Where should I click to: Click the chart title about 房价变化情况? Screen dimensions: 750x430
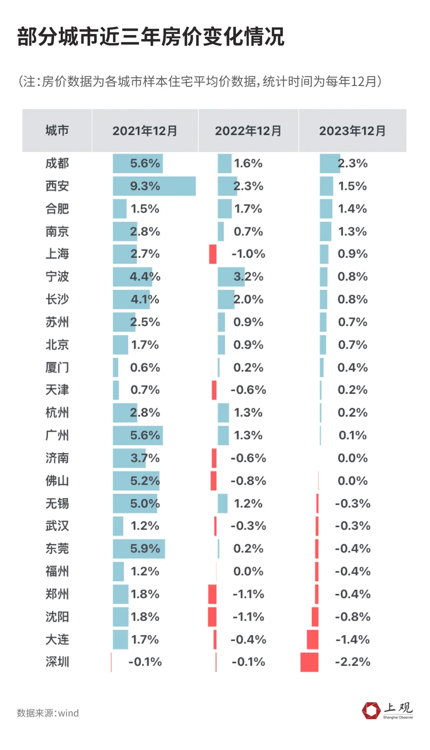point(150,37)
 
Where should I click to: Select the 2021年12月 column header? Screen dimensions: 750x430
point(145,131)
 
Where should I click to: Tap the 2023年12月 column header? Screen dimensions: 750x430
point(352,131)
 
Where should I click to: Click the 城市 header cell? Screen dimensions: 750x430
point(57,130)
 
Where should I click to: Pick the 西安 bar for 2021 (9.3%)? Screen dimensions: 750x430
point(154,186)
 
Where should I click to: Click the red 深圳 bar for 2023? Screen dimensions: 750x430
point(309,662)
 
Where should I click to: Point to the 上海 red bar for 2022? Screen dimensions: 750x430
point(213,254)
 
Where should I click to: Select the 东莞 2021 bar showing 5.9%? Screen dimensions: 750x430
point(139,549)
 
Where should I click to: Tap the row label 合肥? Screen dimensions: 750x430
point(57,209)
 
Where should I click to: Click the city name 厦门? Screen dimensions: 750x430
point(57,368)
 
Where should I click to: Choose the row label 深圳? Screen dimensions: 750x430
point(57,662)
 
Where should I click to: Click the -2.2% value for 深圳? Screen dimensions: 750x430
point(353,662)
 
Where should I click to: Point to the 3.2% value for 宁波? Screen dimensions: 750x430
point(248,277)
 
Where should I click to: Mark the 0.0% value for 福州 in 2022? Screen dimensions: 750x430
point(248,571)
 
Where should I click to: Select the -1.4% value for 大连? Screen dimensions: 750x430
point(353,640)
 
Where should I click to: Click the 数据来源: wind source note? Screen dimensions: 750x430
point(48,713)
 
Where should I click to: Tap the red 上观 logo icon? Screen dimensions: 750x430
point(371,710)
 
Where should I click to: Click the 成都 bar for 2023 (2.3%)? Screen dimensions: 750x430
point(329,163)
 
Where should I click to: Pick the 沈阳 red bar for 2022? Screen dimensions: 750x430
point(212,617)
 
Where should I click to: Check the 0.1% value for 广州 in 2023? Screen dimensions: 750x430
point(353,435)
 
